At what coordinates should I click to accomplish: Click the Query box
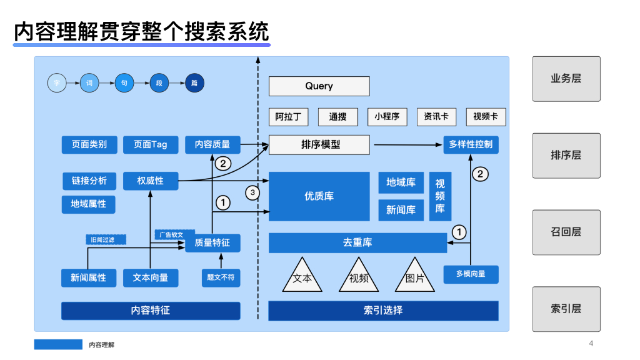319,86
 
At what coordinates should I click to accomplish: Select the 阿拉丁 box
289,117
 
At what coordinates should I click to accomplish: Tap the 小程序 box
387,117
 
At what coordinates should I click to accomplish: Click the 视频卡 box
486,117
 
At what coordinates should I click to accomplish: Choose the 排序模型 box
319,144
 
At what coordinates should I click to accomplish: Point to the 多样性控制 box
471,144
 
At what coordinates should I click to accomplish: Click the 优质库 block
319,196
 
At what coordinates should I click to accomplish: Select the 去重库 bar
357,242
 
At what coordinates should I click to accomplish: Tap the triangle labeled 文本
302,277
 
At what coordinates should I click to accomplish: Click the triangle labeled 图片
414,277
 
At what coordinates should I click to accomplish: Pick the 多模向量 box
471,274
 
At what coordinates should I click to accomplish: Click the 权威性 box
151,181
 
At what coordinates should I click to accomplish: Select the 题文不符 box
221,277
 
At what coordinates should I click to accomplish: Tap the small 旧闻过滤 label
106,239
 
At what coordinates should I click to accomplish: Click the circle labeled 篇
194,82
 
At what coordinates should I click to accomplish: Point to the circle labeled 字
57,82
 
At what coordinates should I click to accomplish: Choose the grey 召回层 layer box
566,232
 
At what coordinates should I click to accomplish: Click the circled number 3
252,193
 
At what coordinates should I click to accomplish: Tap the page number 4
591,343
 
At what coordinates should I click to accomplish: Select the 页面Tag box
151,144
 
